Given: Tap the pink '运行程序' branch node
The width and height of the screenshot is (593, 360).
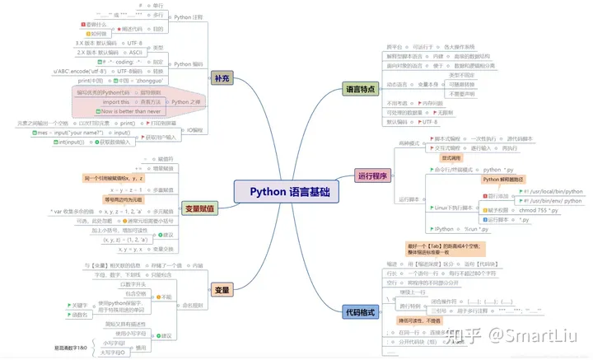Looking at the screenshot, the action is point(373,175).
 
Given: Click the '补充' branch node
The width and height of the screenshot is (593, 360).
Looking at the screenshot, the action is point(222,77).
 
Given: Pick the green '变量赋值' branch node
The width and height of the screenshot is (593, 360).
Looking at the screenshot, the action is point(200,208).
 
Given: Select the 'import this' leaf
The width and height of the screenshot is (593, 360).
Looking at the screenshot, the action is point(107,101).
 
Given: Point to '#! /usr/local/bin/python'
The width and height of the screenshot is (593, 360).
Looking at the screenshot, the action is point(553,190).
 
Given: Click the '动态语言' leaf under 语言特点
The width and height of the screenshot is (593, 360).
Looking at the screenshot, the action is point(399,84).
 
